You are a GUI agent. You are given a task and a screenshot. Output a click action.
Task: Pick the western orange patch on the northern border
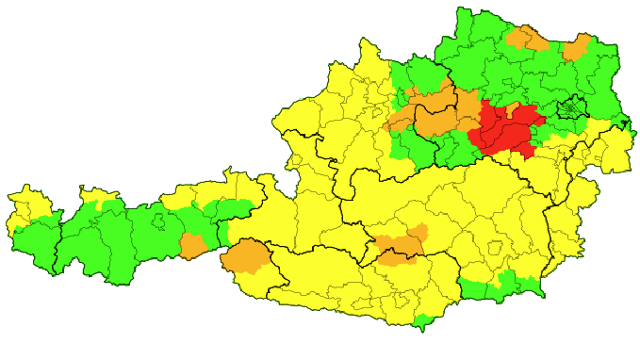coord(527,38)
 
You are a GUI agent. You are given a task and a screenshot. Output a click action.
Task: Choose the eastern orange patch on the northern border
coord(577,47)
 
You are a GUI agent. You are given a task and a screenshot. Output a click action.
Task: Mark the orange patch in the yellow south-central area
coord(401,242)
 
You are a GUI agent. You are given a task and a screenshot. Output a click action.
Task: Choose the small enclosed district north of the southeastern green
coord(495,249)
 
